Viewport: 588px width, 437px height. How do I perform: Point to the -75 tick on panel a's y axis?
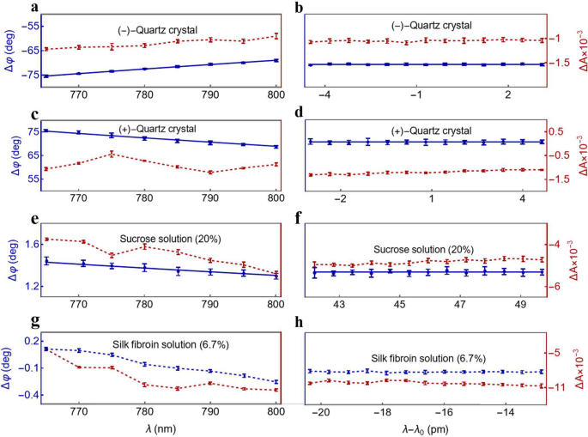coord(28,76)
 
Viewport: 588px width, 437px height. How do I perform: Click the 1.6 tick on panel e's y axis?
coord(28,244)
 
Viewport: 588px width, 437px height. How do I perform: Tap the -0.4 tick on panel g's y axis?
coord(26,395)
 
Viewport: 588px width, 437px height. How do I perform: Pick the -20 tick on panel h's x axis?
coord(322,412)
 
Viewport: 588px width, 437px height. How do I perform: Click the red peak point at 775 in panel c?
coord(112,154)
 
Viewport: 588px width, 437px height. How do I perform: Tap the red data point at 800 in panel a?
coord(276,35)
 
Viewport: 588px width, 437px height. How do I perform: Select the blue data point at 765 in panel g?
coord(45,349)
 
